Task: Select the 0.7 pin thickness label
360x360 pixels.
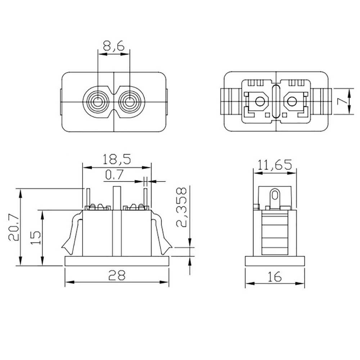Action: [114, 175]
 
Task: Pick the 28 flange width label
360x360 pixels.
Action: [117, 275]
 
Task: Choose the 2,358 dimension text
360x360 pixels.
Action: [183, 207]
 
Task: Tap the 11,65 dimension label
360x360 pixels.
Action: [275, 165]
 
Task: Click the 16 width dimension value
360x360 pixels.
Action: [274, 276]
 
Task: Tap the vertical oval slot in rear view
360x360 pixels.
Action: [276, 102]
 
